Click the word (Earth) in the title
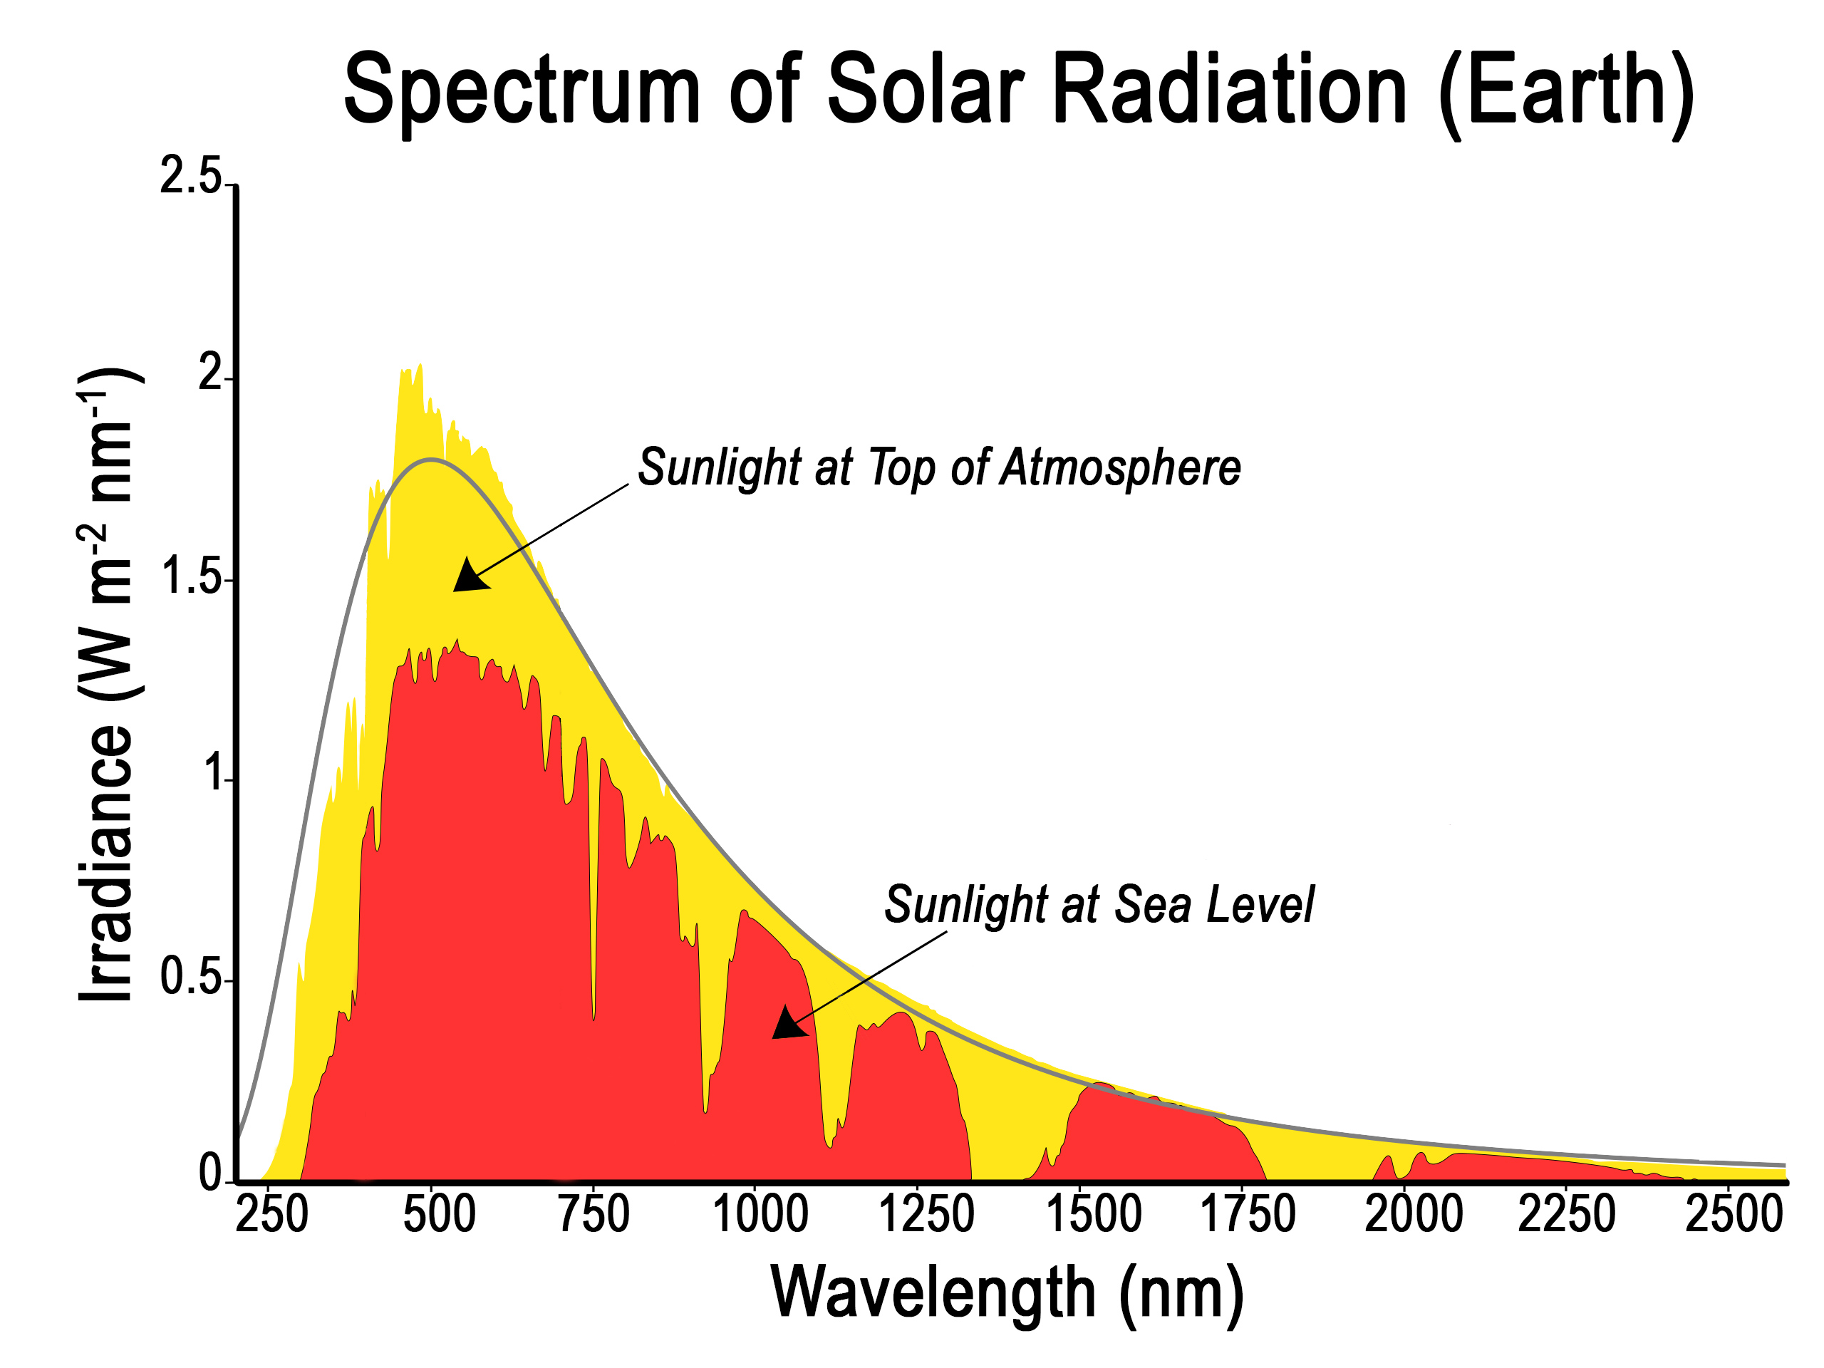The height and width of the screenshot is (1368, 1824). [1566, 89]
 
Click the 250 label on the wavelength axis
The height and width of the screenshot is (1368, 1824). [272, 1214]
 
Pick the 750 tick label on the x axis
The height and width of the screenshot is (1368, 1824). [594, 1214]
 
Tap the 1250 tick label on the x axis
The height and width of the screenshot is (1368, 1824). [926, 1214]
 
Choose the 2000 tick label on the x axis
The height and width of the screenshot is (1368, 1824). [1414, 1214]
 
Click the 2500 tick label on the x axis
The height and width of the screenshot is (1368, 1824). [1734, 1214]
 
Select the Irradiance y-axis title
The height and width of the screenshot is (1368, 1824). [107, 685]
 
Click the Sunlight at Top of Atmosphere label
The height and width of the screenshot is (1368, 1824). [938, 467]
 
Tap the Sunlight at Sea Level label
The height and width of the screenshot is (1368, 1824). [1099, 905]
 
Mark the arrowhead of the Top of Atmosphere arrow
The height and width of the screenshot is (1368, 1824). [468, 576]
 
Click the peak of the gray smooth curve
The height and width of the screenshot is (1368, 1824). [431, 460]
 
